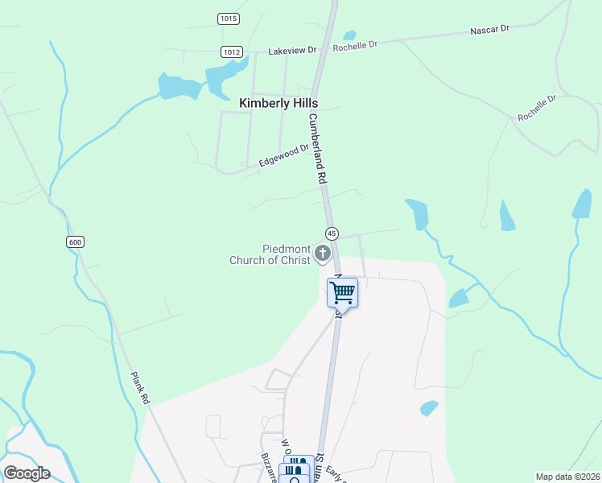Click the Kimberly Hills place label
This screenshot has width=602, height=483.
(278, 104)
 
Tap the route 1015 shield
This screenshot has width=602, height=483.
(228, 19)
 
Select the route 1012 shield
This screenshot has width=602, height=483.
(232, 52)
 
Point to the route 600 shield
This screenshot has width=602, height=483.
(75, 242)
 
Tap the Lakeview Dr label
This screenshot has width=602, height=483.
(293, 51)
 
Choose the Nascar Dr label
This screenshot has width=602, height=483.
(490, 30)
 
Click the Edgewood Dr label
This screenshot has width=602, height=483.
(284, 156)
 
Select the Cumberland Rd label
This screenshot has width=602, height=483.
(316, 147)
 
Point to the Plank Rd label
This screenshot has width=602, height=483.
(139, 388)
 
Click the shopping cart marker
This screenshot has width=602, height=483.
(342, 293)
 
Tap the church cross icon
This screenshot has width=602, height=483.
(323, 254)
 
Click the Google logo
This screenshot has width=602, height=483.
(27, 473)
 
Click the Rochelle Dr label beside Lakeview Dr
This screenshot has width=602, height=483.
(355, 46)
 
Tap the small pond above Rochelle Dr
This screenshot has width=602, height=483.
(349, 35)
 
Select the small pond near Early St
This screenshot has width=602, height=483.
(429, 408)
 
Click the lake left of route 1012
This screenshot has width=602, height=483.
(179, 86)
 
